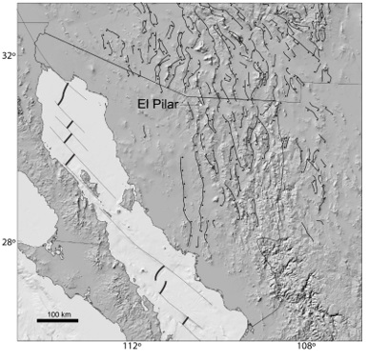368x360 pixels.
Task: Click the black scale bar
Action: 57,320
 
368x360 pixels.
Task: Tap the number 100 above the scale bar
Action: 52,312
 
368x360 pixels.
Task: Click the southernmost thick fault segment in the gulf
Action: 186,320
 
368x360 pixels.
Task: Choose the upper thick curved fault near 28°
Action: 156,272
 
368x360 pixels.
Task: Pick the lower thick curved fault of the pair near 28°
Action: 164,286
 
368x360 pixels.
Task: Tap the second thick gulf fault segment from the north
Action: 69,124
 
